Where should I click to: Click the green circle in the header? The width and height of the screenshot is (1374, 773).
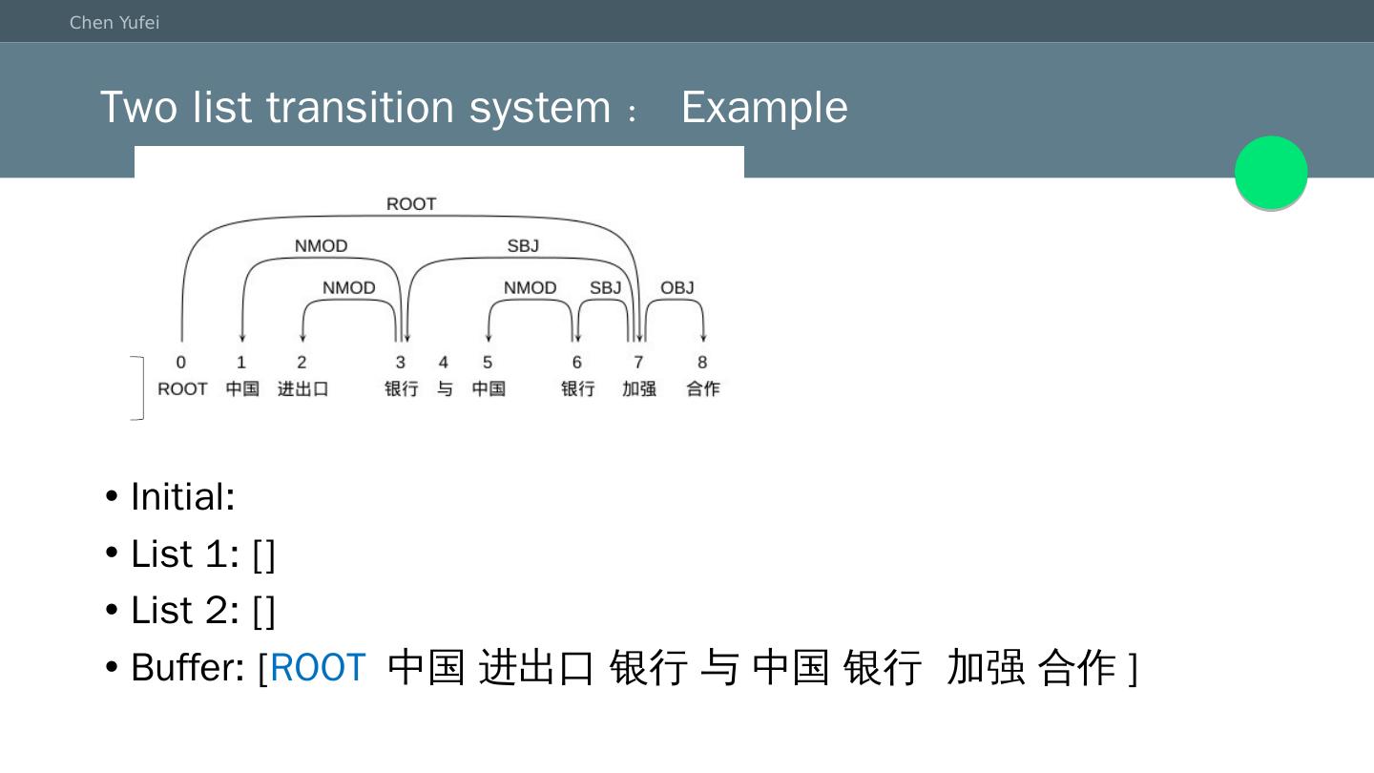click(x=1271, y=173)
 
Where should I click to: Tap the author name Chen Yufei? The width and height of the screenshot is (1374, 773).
click(x=114, y=22)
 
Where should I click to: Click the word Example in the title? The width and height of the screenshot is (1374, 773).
click(x=764, y=107)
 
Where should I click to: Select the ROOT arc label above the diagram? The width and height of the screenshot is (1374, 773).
click(x=411, y=204)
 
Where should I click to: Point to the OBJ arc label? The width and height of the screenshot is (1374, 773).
click(x=677, y=287)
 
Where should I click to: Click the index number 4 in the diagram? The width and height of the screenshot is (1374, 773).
click(x=444, y=363)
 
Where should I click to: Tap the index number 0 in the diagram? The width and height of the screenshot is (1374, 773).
click(x=181, y=363)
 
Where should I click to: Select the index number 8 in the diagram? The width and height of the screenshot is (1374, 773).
click(x=702, y=363)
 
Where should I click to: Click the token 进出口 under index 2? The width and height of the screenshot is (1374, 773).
click(x=303, y=389)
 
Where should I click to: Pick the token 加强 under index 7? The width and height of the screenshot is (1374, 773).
click(x=639, y=389)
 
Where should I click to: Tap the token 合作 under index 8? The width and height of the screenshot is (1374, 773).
click(x=703, y=389)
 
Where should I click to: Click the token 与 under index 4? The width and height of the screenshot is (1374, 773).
click(x=445, y=389)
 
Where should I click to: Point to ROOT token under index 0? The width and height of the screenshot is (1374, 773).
click(x=182, y=389)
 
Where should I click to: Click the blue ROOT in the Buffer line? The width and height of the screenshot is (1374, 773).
click(x=318, y=667)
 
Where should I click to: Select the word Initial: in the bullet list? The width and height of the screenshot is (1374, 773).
click(x=183, y=496)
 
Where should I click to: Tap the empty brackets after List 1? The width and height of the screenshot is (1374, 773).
click(x=264, y=554)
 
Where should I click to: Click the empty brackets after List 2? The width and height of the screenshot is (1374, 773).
click(x=264, y=611)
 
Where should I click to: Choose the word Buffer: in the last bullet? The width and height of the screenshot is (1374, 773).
click(x=188, y=667)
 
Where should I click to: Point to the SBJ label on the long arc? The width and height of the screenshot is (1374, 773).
click(x=523, y=246)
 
